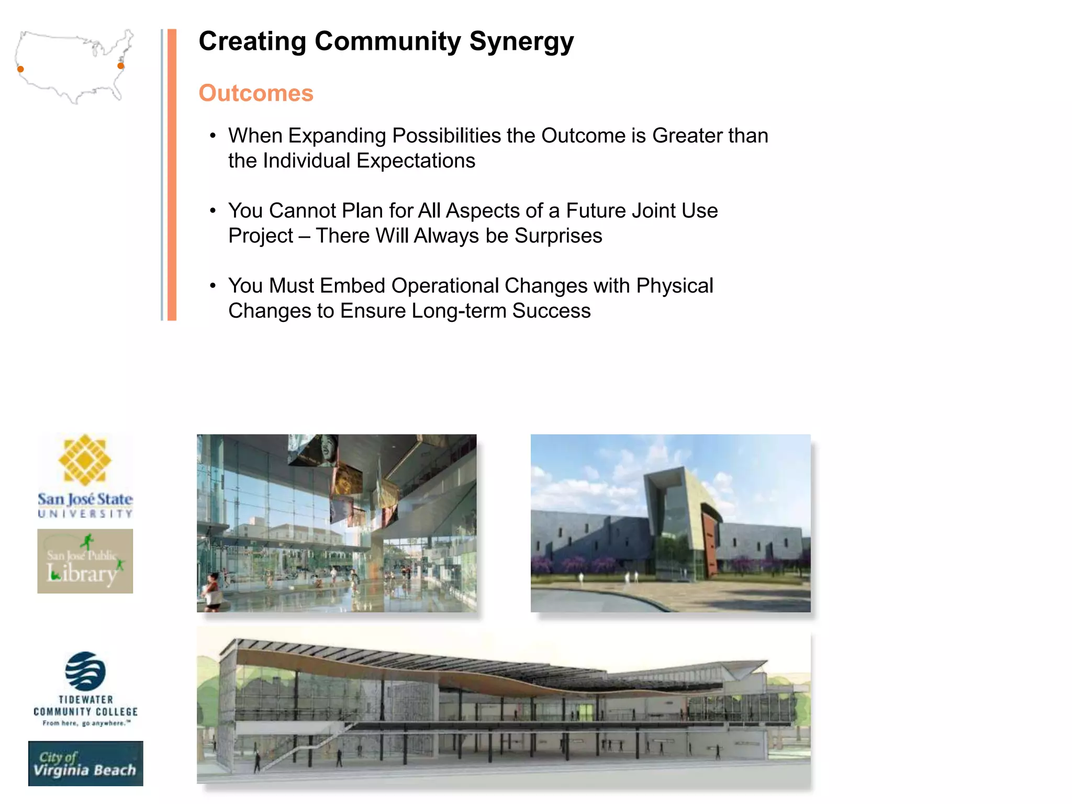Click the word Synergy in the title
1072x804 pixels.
(x=521, y=42)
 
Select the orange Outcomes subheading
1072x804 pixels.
(x=256, y=93)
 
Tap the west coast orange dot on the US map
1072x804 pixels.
(x=20, y=69)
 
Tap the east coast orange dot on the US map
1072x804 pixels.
(x=121, y=66)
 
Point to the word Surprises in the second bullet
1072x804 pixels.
(x=558, y=236)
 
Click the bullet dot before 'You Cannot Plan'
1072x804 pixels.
(x=213, y=211)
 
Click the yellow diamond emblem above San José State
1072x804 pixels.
(x=85, y=460)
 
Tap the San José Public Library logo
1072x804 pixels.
(x=85, y=561)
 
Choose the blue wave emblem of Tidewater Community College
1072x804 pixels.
(x=85, y=671)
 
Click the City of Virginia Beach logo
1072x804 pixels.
(x=85, y=764)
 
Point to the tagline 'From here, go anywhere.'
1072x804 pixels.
(x=86, y=723)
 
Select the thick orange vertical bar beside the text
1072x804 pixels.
(x=172, y=174)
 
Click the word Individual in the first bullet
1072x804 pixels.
(x=306, y=161)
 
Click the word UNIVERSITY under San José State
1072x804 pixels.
(x=85, y=514)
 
